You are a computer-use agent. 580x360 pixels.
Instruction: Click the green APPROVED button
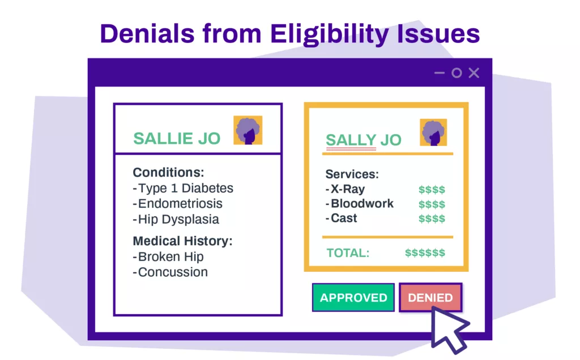[353, 298]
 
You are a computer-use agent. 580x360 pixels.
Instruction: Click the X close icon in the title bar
[474, 73]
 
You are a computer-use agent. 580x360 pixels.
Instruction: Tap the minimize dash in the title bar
[440, 73]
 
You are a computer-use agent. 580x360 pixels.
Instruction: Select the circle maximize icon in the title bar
[457, 73]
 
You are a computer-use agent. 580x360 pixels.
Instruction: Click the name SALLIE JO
[177, 139]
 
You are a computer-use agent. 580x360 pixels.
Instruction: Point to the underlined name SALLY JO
[363, 140]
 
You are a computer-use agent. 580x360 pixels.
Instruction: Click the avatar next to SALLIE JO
[248, 130]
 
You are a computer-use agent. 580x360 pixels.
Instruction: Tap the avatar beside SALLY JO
[433, 132]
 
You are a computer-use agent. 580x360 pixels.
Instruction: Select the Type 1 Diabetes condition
[183, 188]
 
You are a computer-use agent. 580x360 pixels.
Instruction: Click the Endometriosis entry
[177, 204]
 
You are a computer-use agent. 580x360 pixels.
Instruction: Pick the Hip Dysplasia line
[176, 220]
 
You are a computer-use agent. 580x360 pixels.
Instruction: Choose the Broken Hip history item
[168, 256]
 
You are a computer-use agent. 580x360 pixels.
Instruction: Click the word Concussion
[170, 272]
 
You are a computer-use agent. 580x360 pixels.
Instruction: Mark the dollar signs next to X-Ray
[432, 190]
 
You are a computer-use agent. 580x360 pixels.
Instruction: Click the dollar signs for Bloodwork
[432, 204]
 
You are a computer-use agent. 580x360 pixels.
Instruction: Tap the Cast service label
[342, 218]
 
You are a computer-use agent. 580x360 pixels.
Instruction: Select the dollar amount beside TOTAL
[425, 253]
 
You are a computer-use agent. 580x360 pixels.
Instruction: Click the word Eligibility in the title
[329, 34]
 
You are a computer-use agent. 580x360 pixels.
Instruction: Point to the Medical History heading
[183, 241]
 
